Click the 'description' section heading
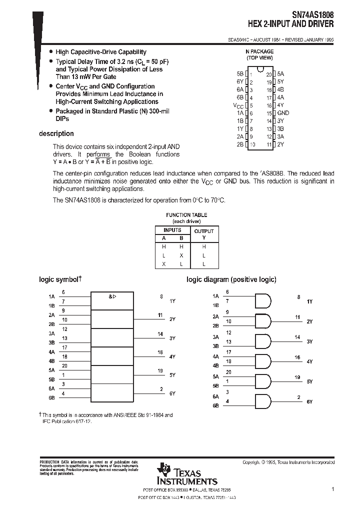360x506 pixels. click(x=56, y=133)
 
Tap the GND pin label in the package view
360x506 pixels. click(x=283, y=113)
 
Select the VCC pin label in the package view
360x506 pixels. click(x=238, y=105)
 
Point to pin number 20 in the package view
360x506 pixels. click(x=268, y=74)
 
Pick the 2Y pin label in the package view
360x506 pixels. click(x=280, y=144)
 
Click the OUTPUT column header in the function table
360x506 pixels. click(x=203, y=231)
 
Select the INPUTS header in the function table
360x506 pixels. click(x=172, y=230)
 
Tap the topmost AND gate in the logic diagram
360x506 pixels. click(x=263, y=301)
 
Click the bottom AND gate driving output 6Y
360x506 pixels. click(x=263, y=401)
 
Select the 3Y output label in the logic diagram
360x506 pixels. click(x=309, y=341)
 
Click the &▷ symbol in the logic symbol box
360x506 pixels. click(x=112, y=297)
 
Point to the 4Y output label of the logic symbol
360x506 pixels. click(x=172, y=356)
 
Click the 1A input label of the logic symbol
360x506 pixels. click(x=51, y=296)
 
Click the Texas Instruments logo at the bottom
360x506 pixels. click(x=187, y=473)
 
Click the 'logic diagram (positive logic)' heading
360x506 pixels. click(x=231, y=279)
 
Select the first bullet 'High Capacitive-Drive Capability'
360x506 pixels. click(x=100, y=52)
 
